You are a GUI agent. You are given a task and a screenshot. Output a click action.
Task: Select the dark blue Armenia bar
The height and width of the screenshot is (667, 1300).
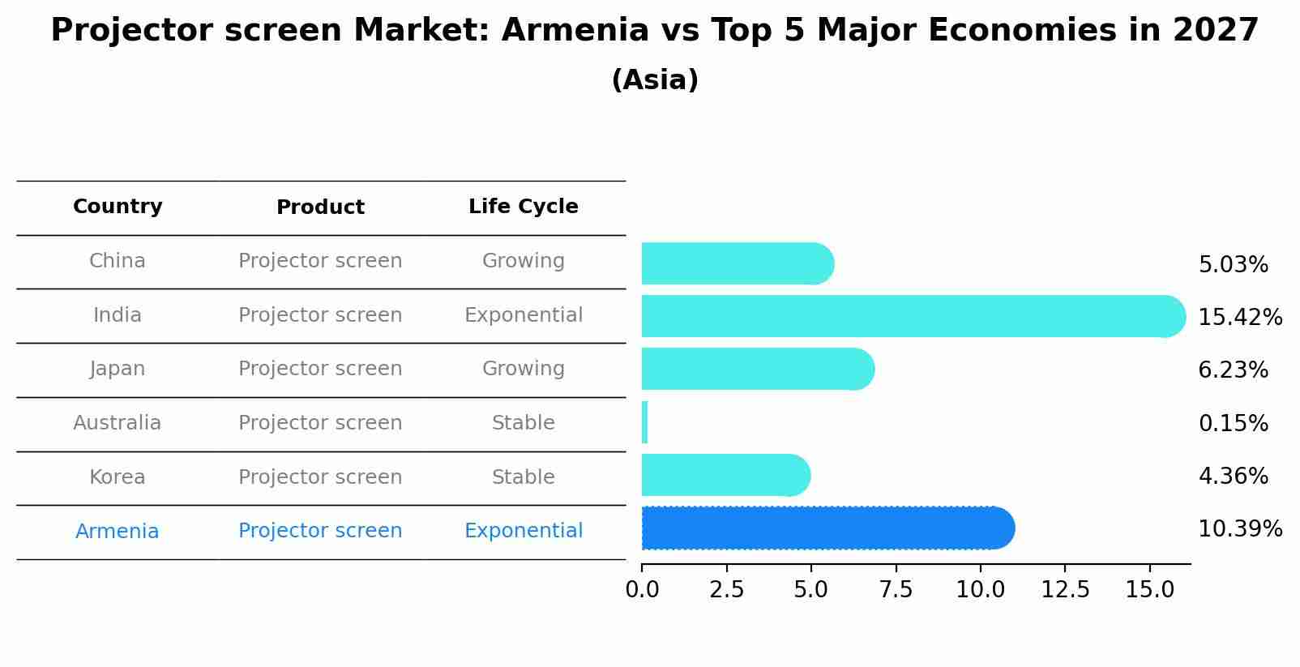(x=827, y=528)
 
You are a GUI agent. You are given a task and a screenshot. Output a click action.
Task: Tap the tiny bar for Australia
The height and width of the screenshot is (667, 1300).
(x=644, y=422)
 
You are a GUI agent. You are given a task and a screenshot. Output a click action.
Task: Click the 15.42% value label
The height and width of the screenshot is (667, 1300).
(x=1239, y=317)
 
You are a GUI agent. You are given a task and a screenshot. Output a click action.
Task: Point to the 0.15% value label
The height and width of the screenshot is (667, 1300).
(x=1232, y=423)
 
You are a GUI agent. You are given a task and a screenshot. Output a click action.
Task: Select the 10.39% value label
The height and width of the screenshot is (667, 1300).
(x=1239, y=529)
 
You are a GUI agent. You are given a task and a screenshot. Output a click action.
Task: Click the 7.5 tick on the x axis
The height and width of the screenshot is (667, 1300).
(x=896, y=590)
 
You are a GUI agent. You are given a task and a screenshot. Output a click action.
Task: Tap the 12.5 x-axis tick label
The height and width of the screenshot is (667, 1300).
(x=1065, y=590)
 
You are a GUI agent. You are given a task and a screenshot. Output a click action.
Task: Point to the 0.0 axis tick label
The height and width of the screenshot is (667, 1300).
(x=642, y=590)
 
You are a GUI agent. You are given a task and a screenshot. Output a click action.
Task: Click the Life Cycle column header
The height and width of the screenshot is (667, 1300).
(x=523, y=207)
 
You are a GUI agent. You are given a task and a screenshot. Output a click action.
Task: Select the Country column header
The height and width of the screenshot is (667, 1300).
(x=118, y=207)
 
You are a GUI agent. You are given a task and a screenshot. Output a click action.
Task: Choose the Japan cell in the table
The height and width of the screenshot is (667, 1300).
(x=118, y=369)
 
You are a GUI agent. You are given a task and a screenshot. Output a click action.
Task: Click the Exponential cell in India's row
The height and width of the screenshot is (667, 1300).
(x=523, y=315)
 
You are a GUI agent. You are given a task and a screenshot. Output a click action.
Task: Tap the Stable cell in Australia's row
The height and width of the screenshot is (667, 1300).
(x=523, y=423)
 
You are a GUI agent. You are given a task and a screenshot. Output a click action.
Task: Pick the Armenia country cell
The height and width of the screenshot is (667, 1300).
(x=118, y=531)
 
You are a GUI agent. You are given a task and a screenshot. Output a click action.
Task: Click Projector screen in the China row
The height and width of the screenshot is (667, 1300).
(x=320, y=261)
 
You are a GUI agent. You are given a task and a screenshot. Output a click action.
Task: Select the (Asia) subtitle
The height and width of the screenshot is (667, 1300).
(x=654, y=80)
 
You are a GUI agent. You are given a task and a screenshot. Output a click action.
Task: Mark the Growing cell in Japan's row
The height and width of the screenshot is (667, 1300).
(x=523, y=369)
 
